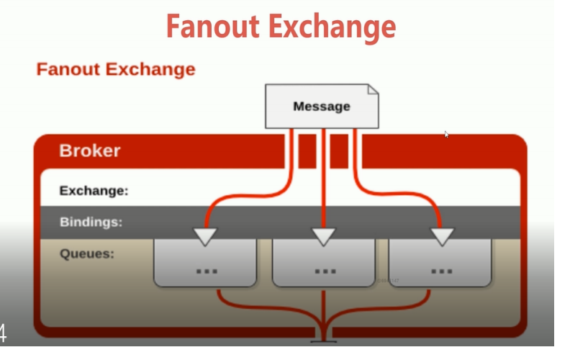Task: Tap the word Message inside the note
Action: coord(321,107)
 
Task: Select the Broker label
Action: coord(90,151)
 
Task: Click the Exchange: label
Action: coord(94,191)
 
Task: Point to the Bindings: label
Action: coord(91,222)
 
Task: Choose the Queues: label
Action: coord(86,253)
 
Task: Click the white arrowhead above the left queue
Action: coord(207,235)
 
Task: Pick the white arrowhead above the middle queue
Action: coord(324,235)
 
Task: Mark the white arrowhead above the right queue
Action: coord(441,235)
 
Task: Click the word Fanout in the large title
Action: coord(214,27)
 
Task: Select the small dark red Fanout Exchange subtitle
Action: coord(116,69)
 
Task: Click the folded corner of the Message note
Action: coord(372,90)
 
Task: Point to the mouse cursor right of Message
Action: coord(446,134)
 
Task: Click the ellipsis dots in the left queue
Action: coord(207,271)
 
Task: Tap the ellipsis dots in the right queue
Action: coord(441,271)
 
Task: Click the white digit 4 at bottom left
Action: coord(4,333)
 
